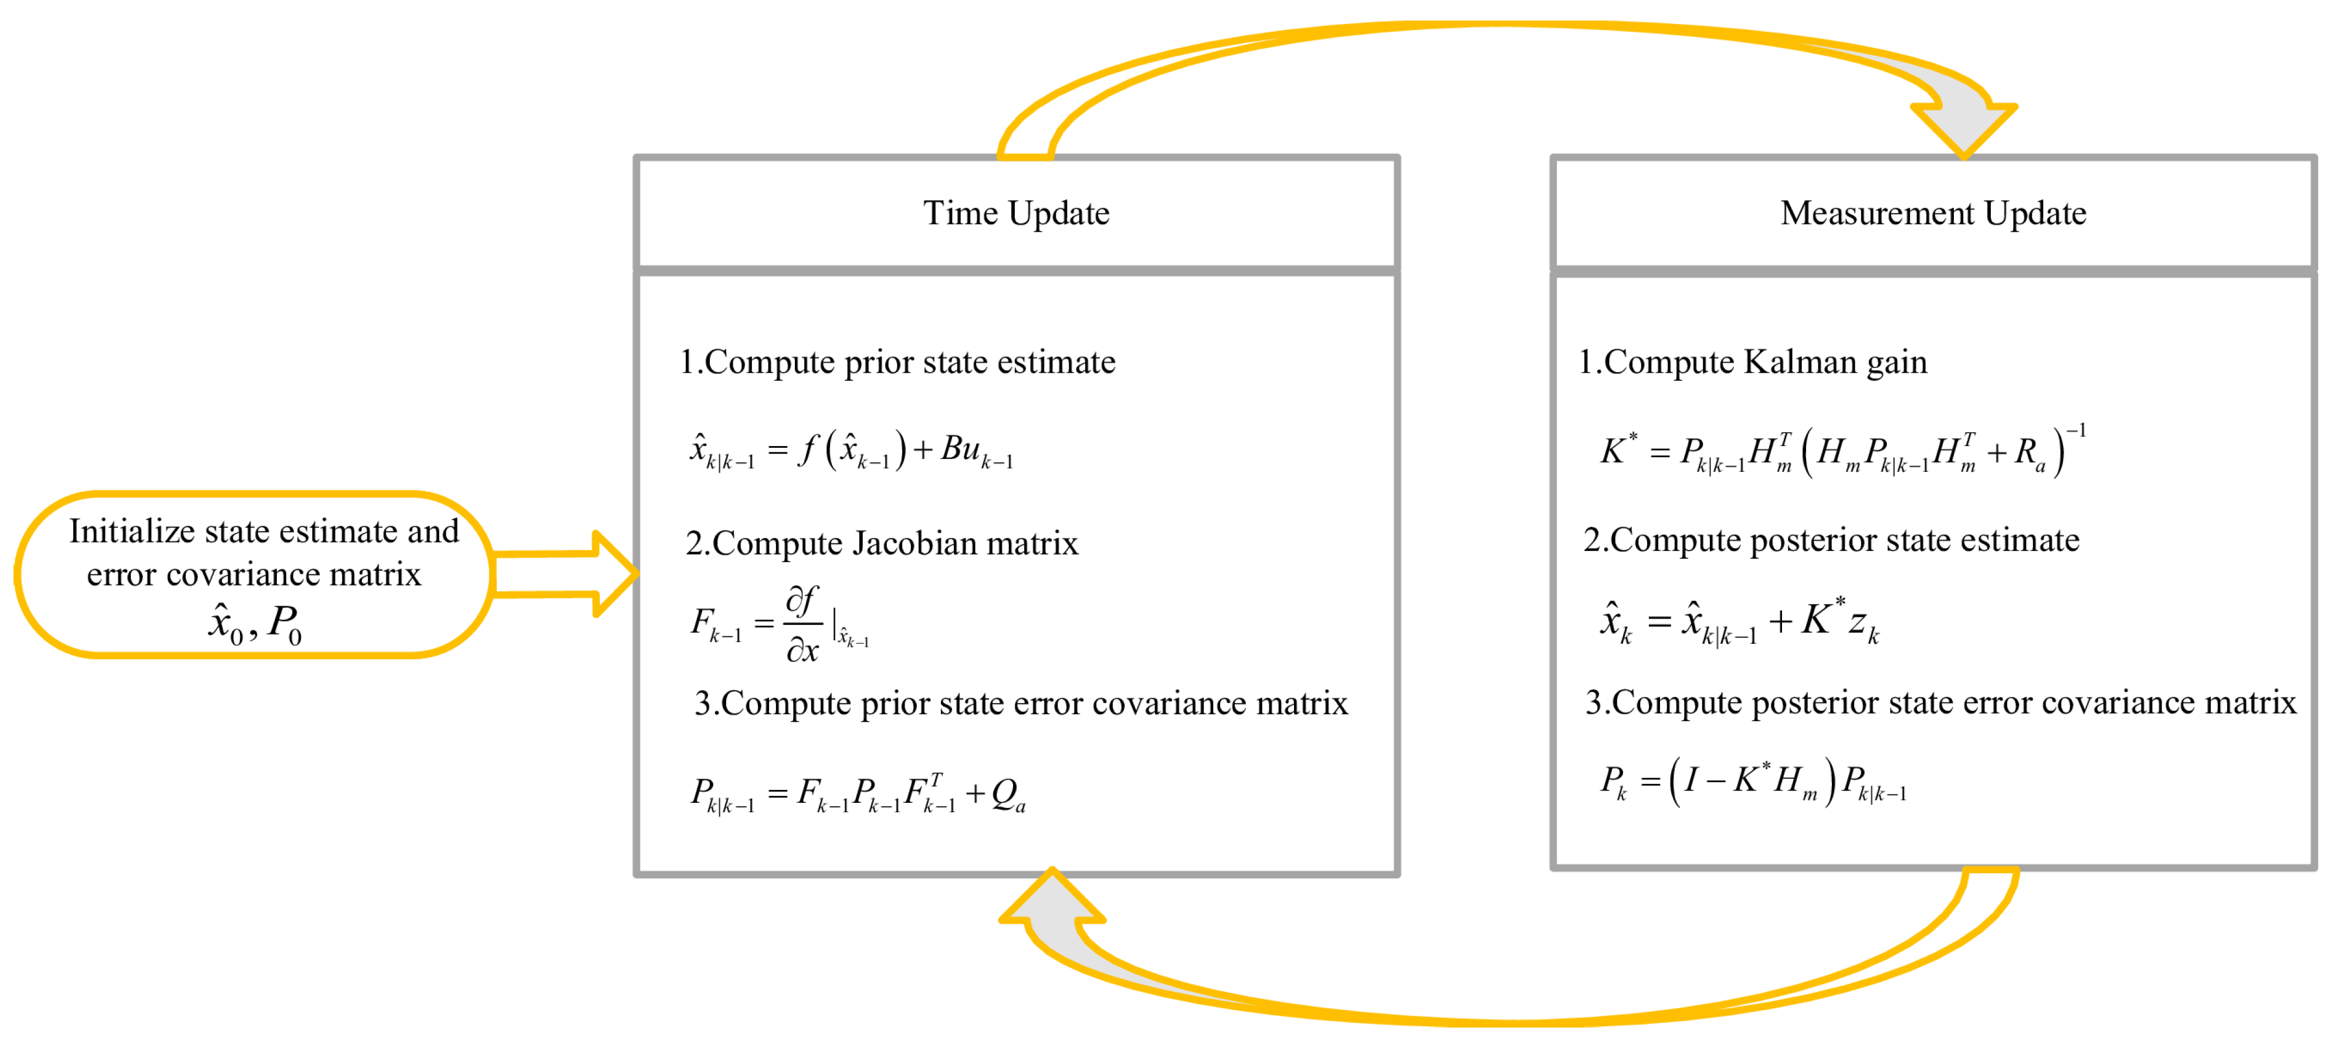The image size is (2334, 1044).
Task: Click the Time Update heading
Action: [1016, 214]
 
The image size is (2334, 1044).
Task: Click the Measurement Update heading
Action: [1933, 214]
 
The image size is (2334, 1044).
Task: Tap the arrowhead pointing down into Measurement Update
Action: [1963, 127]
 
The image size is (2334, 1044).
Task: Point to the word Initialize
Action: [131, 532]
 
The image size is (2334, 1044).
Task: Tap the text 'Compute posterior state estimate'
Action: [1844, 540]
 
